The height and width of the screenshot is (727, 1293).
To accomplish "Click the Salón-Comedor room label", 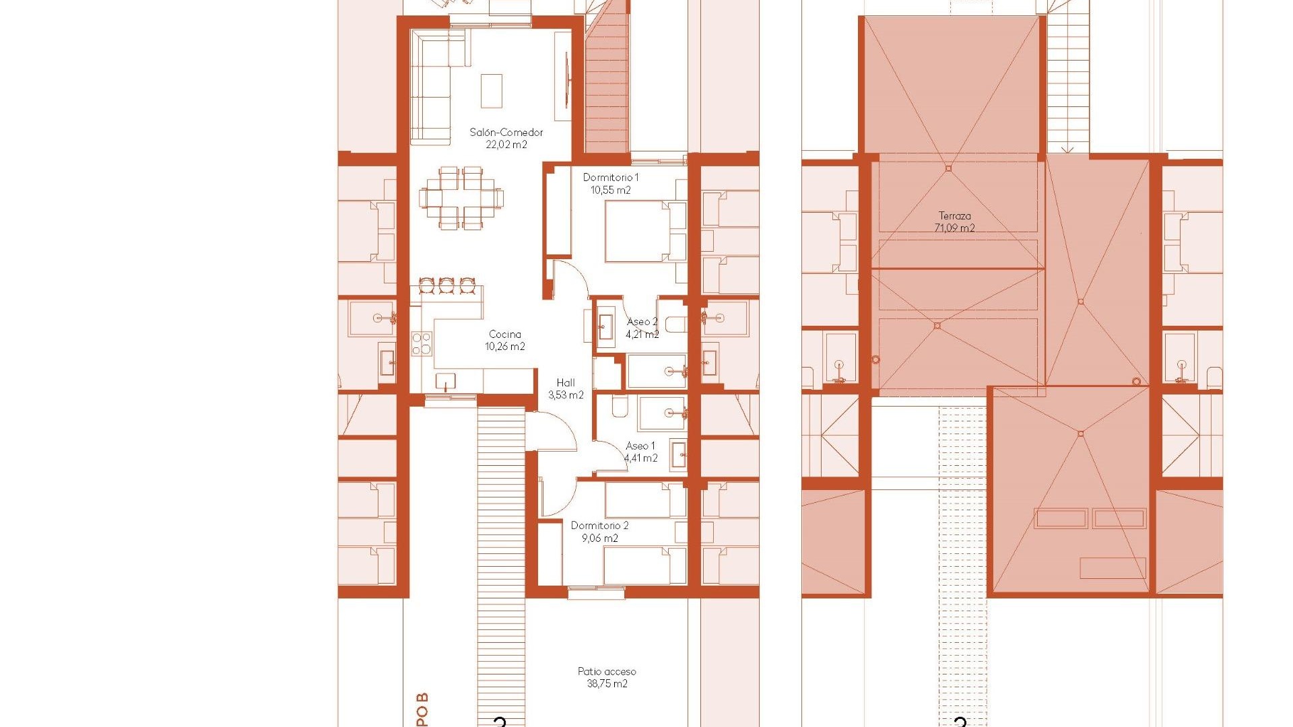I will pos(506,132).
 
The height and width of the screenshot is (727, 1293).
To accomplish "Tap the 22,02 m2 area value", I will pos(506,145).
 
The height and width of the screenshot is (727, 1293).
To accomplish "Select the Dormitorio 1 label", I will pos(610,178).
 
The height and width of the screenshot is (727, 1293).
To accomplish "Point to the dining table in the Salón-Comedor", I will pos(461,199).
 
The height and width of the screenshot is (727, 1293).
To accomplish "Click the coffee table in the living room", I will pos(492,91).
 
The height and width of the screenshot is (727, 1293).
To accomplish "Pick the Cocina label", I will pos(504,335).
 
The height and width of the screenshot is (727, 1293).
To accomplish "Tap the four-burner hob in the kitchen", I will pos(422,343).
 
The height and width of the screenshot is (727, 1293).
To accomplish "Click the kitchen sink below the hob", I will pos(445,382).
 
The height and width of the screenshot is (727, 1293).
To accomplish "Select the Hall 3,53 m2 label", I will pos(566,389).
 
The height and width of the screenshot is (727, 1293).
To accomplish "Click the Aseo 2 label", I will pos(642,322).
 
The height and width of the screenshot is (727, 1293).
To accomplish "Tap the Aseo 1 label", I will pos(640,446).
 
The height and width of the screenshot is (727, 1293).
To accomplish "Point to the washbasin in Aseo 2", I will pos(605,327).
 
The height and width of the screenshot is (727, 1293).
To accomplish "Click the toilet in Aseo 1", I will pos(620,407).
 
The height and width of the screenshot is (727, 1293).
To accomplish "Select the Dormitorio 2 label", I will pos(599,526).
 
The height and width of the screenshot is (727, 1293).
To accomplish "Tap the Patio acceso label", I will pos(606,671).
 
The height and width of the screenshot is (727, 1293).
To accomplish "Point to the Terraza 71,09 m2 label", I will pos(954,222).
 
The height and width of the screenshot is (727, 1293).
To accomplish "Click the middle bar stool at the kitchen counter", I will pos(446,285).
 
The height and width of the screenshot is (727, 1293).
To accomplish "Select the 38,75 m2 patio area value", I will pos(606,684).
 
